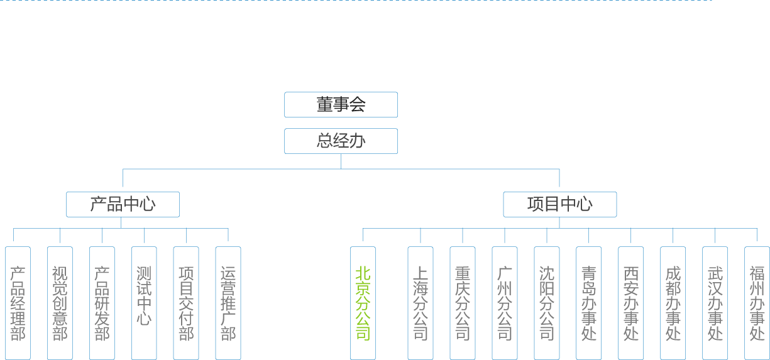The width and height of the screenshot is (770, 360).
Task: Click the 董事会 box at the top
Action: click(341, 104)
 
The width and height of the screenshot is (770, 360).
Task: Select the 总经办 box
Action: click(341, 141)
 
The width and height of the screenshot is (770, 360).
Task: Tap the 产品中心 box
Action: click(123, 204)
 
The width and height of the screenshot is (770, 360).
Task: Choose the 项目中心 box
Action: click(559, 204)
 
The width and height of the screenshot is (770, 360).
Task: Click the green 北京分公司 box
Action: click(363, 303)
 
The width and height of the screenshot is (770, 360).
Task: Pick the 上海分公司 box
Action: click(420, 303)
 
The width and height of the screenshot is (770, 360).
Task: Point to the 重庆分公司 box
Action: click(462, 303)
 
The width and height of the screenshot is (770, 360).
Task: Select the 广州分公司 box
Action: click(504, 303)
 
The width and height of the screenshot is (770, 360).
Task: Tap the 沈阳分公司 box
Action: click(546, 303)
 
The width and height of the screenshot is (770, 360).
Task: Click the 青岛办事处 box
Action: click(588, 303)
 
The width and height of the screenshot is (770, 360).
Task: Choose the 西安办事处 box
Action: click(630, 303)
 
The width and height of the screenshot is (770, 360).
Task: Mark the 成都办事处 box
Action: click(673, 303)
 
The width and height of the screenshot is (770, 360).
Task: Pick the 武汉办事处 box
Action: click(715, 303)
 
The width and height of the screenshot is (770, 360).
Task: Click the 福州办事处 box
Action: click(757, 303)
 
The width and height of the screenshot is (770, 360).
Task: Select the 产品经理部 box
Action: click(18, 303)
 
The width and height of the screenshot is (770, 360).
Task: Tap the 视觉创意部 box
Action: click(60, 303)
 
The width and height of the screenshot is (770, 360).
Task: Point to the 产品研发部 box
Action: click(102, 303)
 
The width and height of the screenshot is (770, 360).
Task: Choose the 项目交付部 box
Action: click(186, 303)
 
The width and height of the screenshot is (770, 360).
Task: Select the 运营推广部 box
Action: click(228, 303)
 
